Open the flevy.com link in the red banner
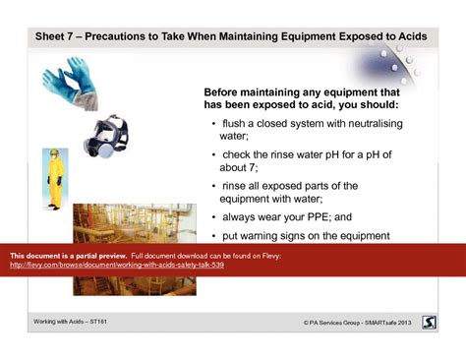pos(117,266)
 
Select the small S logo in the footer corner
pos(430,322)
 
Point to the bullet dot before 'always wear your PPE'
pos(214,217)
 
